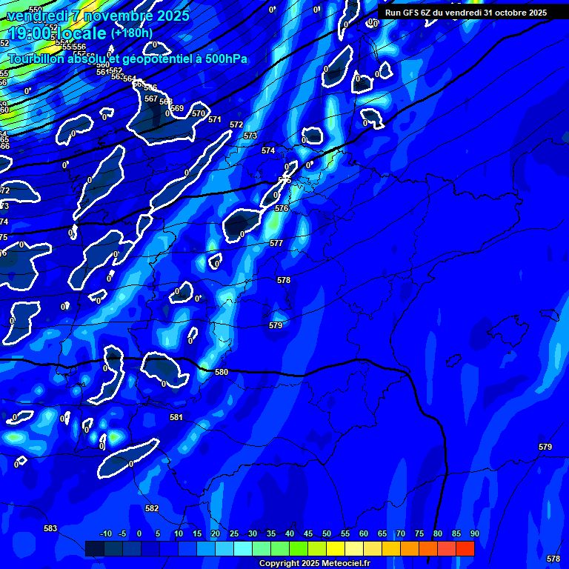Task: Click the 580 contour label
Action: click(x=222, y=373)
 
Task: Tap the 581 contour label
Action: click(x=176, y=418)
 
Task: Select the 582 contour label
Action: click(x=152, y=508)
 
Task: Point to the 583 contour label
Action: click(x=50, y=528)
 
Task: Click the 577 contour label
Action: click(x=276, y=243)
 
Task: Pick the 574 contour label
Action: click(x=268, y=150)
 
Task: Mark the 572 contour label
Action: click(x=236, y=124)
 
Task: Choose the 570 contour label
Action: click(x=199, y=113)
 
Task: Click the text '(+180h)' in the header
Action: click(x=132, y=33)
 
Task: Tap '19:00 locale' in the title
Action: click(x=56, y=33)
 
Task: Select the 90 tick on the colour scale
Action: click(x=475, y=533)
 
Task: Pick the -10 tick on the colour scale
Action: click(x=105, y=533)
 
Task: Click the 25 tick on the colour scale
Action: click(x=233, y=533)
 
